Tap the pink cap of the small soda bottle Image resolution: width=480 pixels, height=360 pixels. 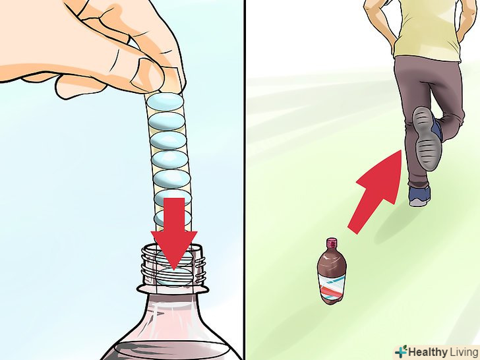point(332,243)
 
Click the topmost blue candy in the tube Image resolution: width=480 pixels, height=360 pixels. point(165,102)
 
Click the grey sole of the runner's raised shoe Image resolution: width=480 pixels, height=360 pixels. point(426,138)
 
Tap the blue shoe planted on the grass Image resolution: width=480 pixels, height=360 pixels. point(420,195)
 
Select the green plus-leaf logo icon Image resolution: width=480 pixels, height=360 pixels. point(402,351)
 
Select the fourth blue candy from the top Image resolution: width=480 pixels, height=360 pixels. point(169,160)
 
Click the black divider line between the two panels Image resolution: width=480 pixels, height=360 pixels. point(245,180)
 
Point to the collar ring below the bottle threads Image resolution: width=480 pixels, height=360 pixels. point(173,289)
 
